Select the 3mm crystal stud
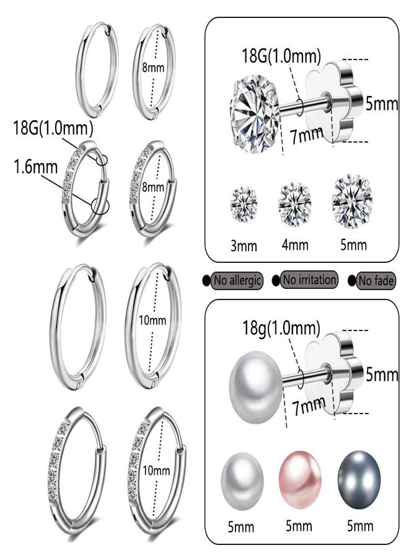(x=244, y=204)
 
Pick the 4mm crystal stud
(x=294, y=205)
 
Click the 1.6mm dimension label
(x=35, y=167)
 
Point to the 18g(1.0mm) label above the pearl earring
(x=281, y=328)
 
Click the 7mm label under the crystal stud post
(x=307, y=136)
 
